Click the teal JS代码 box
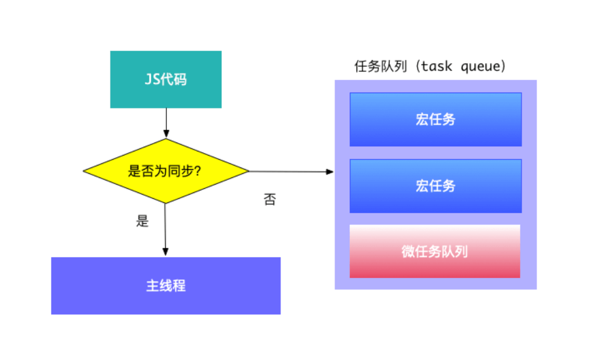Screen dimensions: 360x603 click(x=166, y=80)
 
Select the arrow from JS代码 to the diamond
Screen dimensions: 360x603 click(x=166, y=123)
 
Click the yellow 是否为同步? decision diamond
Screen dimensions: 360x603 click(x=166, y=171)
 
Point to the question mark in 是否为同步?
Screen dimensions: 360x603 click(x=198, y=171)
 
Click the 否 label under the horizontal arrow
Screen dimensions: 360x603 click(x=269, y=200)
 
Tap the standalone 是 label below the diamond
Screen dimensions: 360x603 click(x=142, y=221)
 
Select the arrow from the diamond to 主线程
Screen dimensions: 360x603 click(x=165, y=229)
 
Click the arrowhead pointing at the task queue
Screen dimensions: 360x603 click(x=329, y=171)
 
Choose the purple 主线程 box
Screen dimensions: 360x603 click(x=166, y=286)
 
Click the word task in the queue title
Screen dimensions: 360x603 click(x=436, y=67)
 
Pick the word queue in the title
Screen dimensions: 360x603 click(x=477, y=67)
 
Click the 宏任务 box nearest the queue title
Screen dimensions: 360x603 click(x=436, y=119)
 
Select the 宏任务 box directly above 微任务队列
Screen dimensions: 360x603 click(x=436, y=186)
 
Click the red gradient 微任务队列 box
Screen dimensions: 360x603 click(x=435, y=251)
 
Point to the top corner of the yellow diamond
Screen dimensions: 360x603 click(x=166, y=139)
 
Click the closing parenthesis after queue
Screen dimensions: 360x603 click(x=502, y=67)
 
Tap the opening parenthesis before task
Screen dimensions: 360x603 click(x=416, y=67)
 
